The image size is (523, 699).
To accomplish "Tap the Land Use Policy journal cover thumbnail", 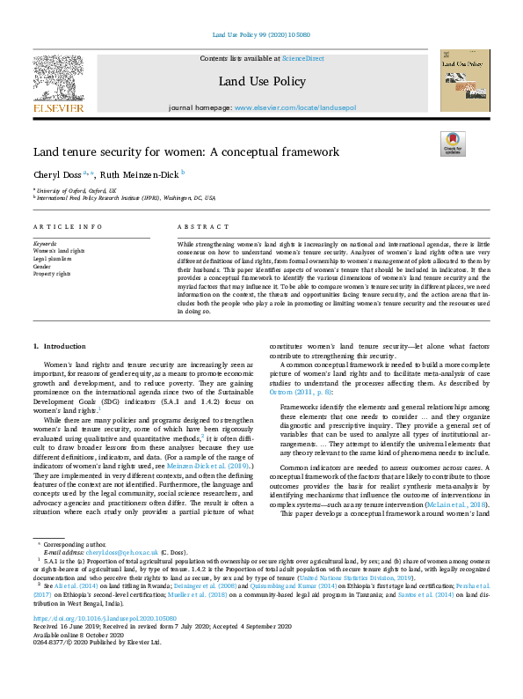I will point(464,80).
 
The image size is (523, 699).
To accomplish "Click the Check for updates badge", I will point(453,144).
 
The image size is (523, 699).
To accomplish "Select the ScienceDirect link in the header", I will point(301,58).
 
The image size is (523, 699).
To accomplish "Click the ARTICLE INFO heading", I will point(69,227).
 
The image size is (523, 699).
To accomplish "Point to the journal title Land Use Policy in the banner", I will point(261,82).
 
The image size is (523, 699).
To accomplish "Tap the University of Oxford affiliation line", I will point(74,190).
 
